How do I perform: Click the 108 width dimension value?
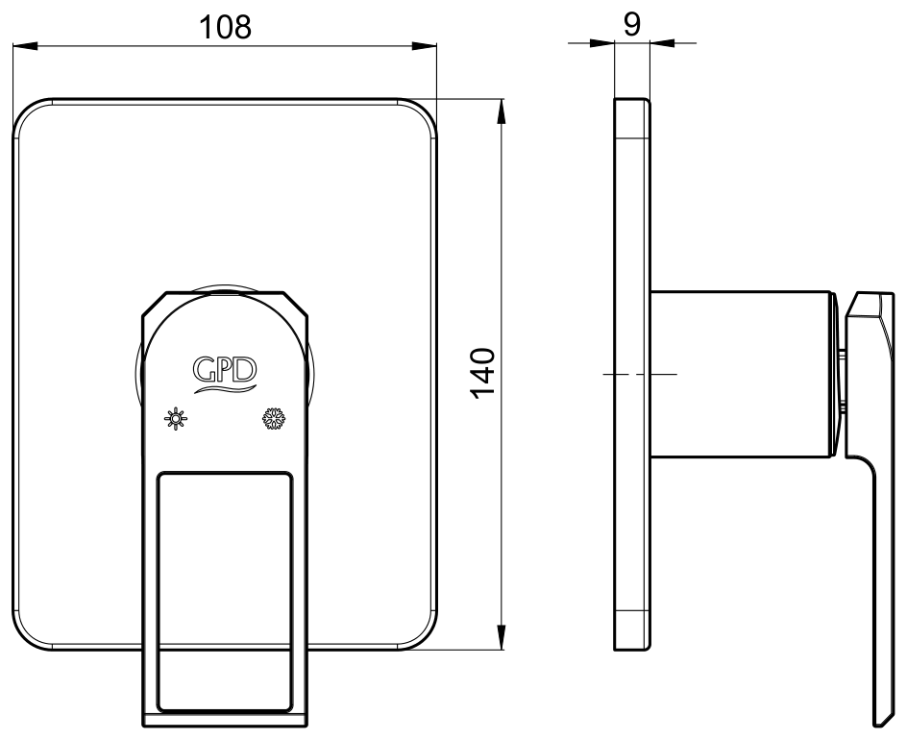(x=226, y=27)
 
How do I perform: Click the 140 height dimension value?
(x=483, y=373)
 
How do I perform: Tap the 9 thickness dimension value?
(x=632, y=24)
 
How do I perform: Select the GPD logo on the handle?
(x=225, y=375)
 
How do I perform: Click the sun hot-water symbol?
(x=176, y=418)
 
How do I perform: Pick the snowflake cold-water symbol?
(x=274, y=419)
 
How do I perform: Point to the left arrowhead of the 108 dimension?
(x=25, y=46)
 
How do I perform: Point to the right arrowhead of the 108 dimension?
(x=424, y=46)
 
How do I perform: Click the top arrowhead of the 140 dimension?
(x=502, y=111)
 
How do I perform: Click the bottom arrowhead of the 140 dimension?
(x=502, y=636)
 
